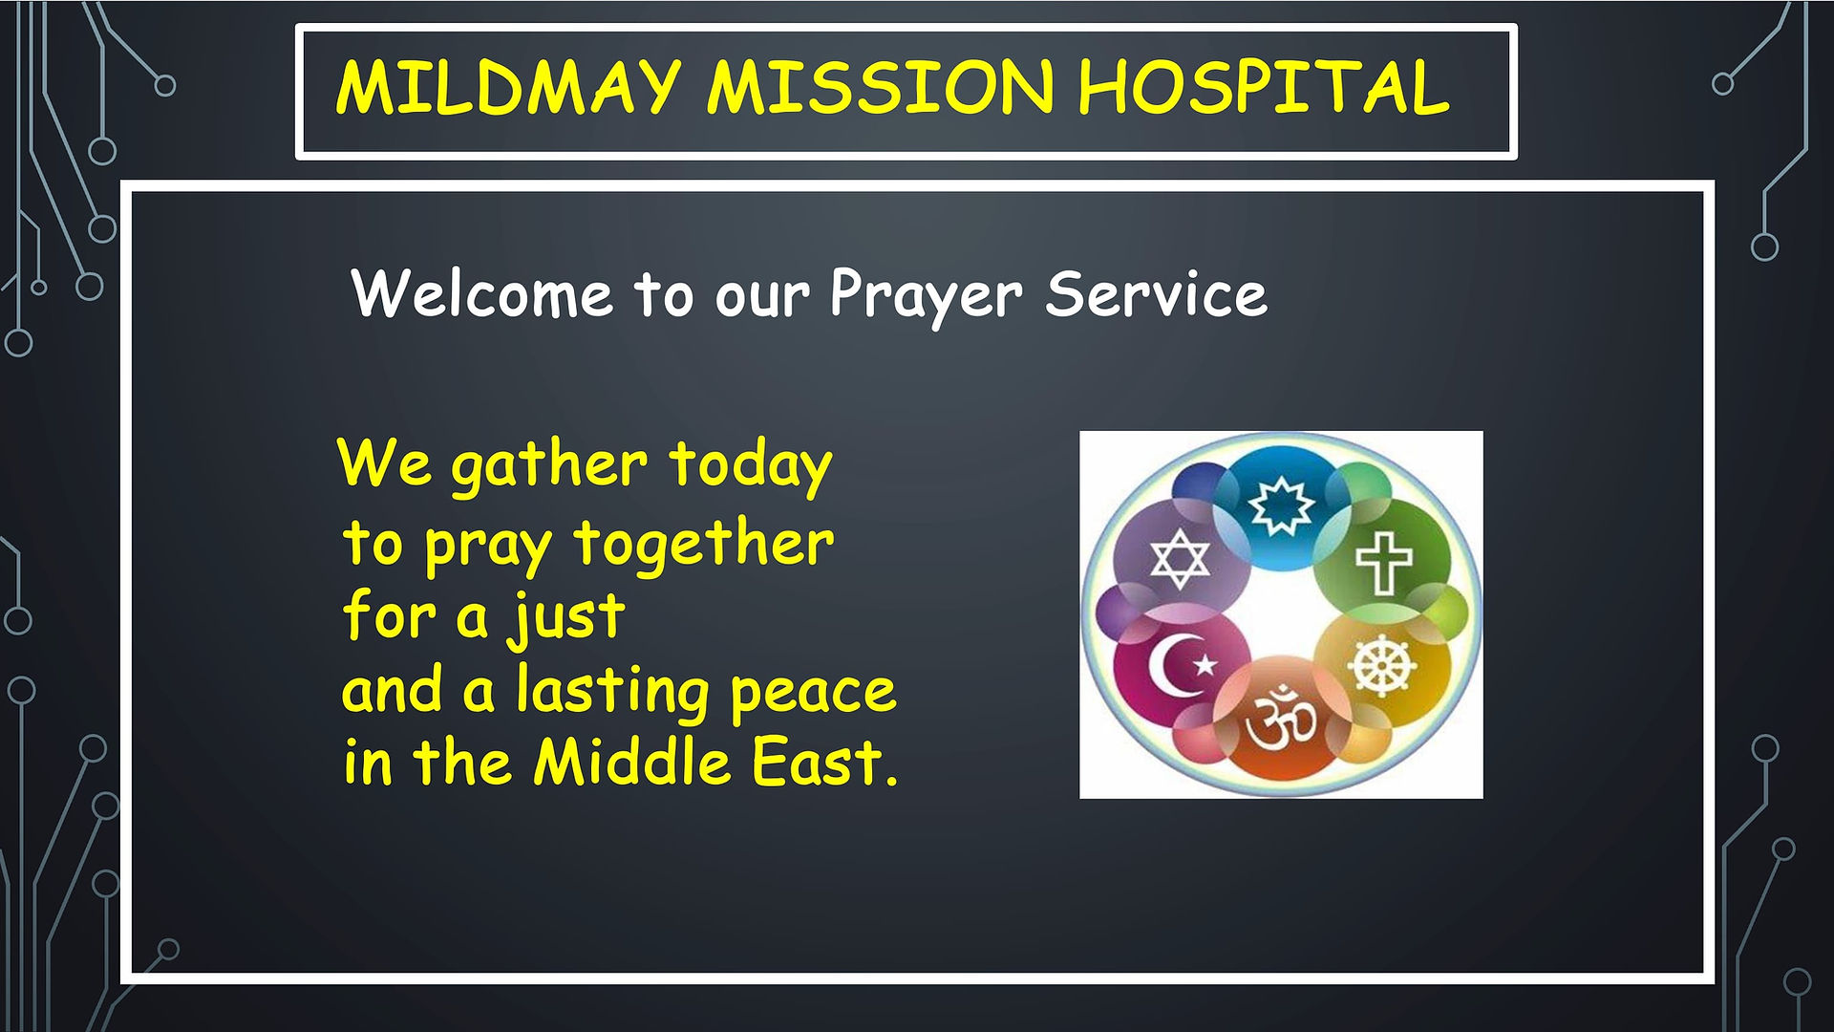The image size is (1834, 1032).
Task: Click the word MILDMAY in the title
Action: [507, 88]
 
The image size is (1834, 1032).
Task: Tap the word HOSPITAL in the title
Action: [1264, 88]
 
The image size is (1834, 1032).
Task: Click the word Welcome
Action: [482, 293]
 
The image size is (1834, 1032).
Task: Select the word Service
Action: [1156, 293]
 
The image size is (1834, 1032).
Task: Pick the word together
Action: [704, 546]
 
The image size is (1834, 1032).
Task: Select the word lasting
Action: [612, 692]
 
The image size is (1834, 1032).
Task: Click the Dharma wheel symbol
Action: [1381, 663]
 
